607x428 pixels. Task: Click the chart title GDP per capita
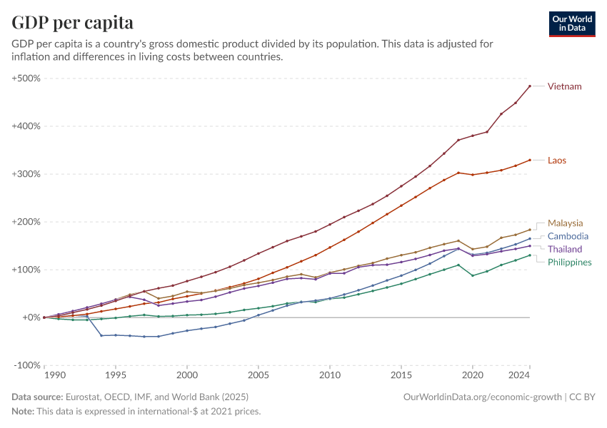click(73, 22)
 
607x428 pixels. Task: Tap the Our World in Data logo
click(571, 24)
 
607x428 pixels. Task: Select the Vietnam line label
click(564, 86)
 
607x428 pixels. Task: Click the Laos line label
click(557, 160)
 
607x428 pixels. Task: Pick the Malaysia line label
click(566, 223)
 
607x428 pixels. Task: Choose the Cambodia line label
click(568, 236)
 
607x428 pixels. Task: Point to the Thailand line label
click(565, 249)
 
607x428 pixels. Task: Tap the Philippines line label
click(569, 263)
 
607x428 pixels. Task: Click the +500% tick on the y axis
click(26, 78)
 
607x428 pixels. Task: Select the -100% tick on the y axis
click(26, 365)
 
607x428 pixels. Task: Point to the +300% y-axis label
click(26, 174)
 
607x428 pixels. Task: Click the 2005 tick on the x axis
click(258, 375)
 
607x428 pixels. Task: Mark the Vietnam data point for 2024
click(529, 86)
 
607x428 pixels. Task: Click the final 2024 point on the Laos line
click(529, 160)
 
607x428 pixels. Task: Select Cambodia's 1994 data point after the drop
click(101, 335)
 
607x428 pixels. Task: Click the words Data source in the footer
click(37, 397)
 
